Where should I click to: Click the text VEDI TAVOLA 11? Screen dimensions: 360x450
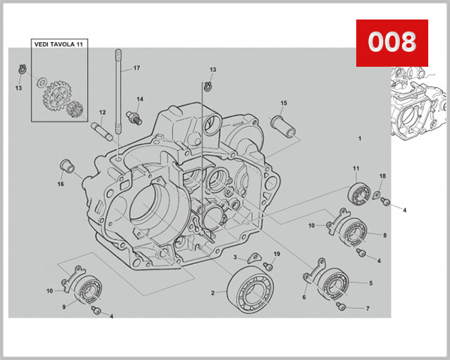tap(59, 45)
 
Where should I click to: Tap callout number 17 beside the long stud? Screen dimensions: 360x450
tap(136, 68)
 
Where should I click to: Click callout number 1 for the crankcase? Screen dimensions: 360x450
tap(359, 139)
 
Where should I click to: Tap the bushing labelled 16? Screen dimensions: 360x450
tap(67, 166)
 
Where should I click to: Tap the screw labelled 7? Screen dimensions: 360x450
tap(343, 306)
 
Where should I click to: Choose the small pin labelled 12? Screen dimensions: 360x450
tap(102, 130)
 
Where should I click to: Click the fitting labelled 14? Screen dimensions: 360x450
tap(136, 116)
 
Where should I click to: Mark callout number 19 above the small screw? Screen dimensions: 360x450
tap(276, 254)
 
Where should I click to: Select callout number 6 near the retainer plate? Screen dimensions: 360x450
tap(304, 297)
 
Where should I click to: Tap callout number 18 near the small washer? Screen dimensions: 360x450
tap(382, 175)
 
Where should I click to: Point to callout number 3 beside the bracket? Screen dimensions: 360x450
tap(235, 257)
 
